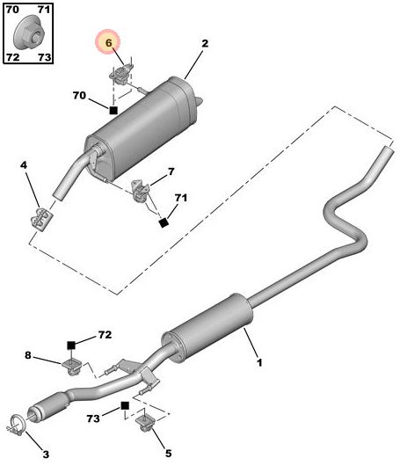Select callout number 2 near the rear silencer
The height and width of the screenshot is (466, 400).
(204, 43)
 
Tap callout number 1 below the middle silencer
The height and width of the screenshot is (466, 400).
(258, 362)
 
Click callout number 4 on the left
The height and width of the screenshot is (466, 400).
(25, 165)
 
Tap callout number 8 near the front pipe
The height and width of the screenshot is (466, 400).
(28, 356)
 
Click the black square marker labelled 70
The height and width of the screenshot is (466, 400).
(113, 110)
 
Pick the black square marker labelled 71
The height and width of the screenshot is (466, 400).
(163, 223)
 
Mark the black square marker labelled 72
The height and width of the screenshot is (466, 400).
(74, 344)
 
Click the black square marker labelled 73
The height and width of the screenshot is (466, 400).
(126, 407)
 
